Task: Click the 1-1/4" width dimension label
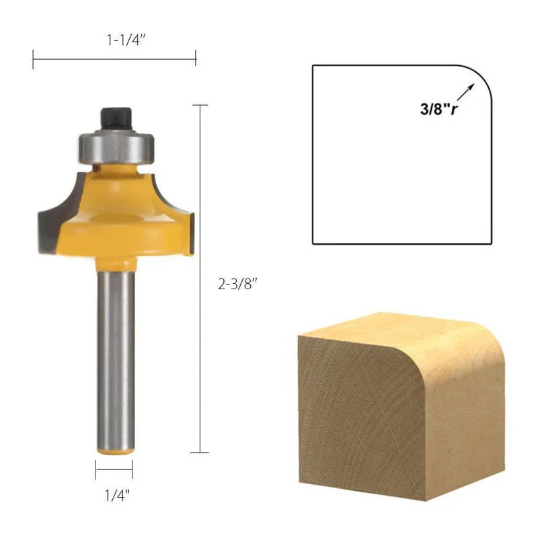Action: click(126, 40)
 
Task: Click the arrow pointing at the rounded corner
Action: click(468, 89)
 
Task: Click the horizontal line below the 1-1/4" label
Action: click(114, 59)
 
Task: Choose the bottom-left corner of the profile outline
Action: click(313, 243)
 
